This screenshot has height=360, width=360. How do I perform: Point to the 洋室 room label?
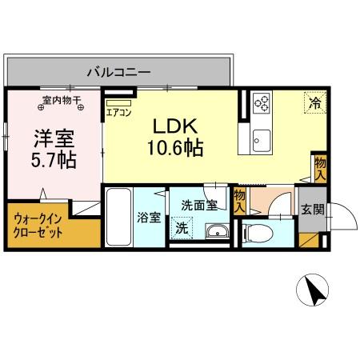pyautogui.click(x=54, y=138)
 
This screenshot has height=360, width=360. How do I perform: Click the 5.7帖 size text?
pyautogui.click(x=54, y=159)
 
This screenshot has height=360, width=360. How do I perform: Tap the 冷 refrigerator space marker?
pyautogui.click(x=314, y=102)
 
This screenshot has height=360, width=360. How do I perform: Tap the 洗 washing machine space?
pyautogui.click(x=183, y=228)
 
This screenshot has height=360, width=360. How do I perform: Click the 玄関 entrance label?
pyautogui.click(x=312, y=210)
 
